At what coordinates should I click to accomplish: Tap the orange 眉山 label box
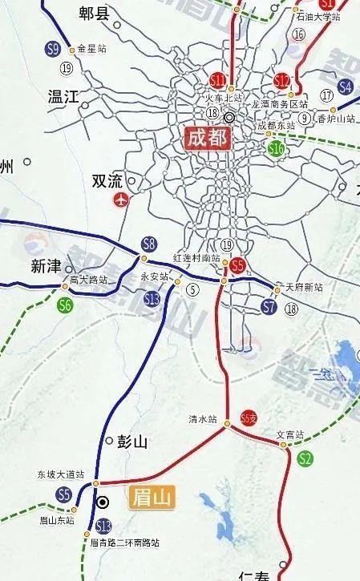pos(152,498)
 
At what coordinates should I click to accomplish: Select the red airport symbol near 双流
pos(122,199)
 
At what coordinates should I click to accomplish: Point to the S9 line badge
pos(54,50)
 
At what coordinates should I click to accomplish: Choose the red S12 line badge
pos(282,81)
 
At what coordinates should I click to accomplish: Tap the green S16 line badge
pos(277,147)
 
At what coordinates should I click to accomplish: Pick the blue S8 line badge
pos(148,244)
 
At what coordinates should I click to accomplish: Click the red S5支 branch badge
pos(249,418)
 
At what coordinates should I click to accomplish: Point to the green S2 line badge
pos(305,459)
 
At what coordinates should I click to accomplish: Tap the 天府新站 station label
pos(304,288)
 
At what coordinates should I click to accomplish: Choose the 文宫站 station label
pos(291,435)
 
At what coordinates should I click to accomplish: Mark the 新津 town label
pos(46,266)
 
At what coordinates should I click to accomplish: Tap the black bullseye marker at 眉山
pos(103,502)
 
